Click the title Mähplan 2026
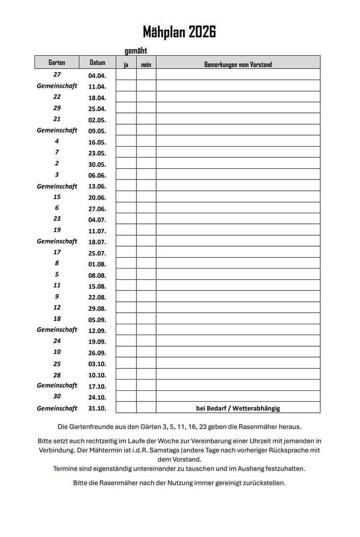tap(180, 32)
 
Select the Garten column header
tap(57, 62)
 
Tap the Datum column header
tap(97, 62)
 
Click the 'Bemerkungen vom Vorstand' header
tap(238, 65)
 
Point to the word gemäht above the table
tap(136, 51)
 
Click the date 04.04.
tap(97, 75)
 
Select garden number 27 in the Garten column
tap(57, 75)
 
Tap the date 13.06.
tap(97, 186)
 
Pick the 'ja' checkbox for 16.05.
tap(126, 142)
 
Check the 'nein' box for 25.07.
tap(146, 253)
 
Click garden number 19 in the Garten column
tap(57, 230)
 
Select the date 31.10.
tap(97, 408)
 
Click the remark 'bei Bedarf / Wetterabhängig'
tap(238, 408)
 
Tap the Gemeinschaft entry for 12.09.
tap(57, 330)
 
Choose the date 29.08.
tap(97, 309)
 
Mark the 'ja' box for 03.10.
tap(126, 363)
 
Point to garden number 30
tap(57, 396)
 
